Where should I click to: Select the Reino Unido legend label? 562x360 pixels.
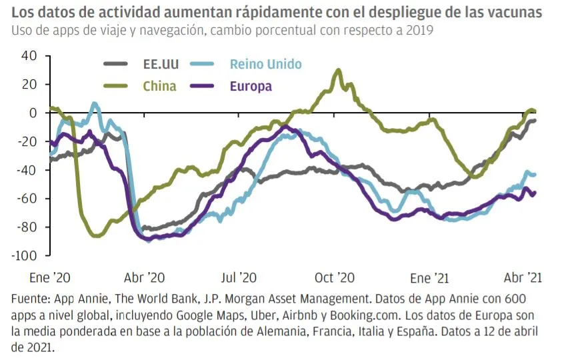pos(265,64)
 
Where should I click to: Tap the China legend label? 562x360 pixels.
pos(159,86)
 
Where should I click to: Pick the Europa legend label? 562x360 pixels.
pos(250,86)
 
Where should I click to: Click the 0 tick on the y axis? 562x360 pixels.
pos(32,113)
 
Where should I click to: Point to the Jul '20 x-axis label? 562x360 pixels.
pos(238,277)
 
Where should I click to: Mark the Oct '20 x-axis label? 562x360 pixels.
pos(334,277)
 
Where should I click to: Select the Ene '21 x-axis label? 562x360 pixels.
pos(430,277)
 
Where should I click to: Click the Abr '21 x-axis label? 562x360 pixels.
pos(523,277)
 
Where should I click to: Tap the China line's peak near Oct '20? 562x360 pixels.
pos(339,69)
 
